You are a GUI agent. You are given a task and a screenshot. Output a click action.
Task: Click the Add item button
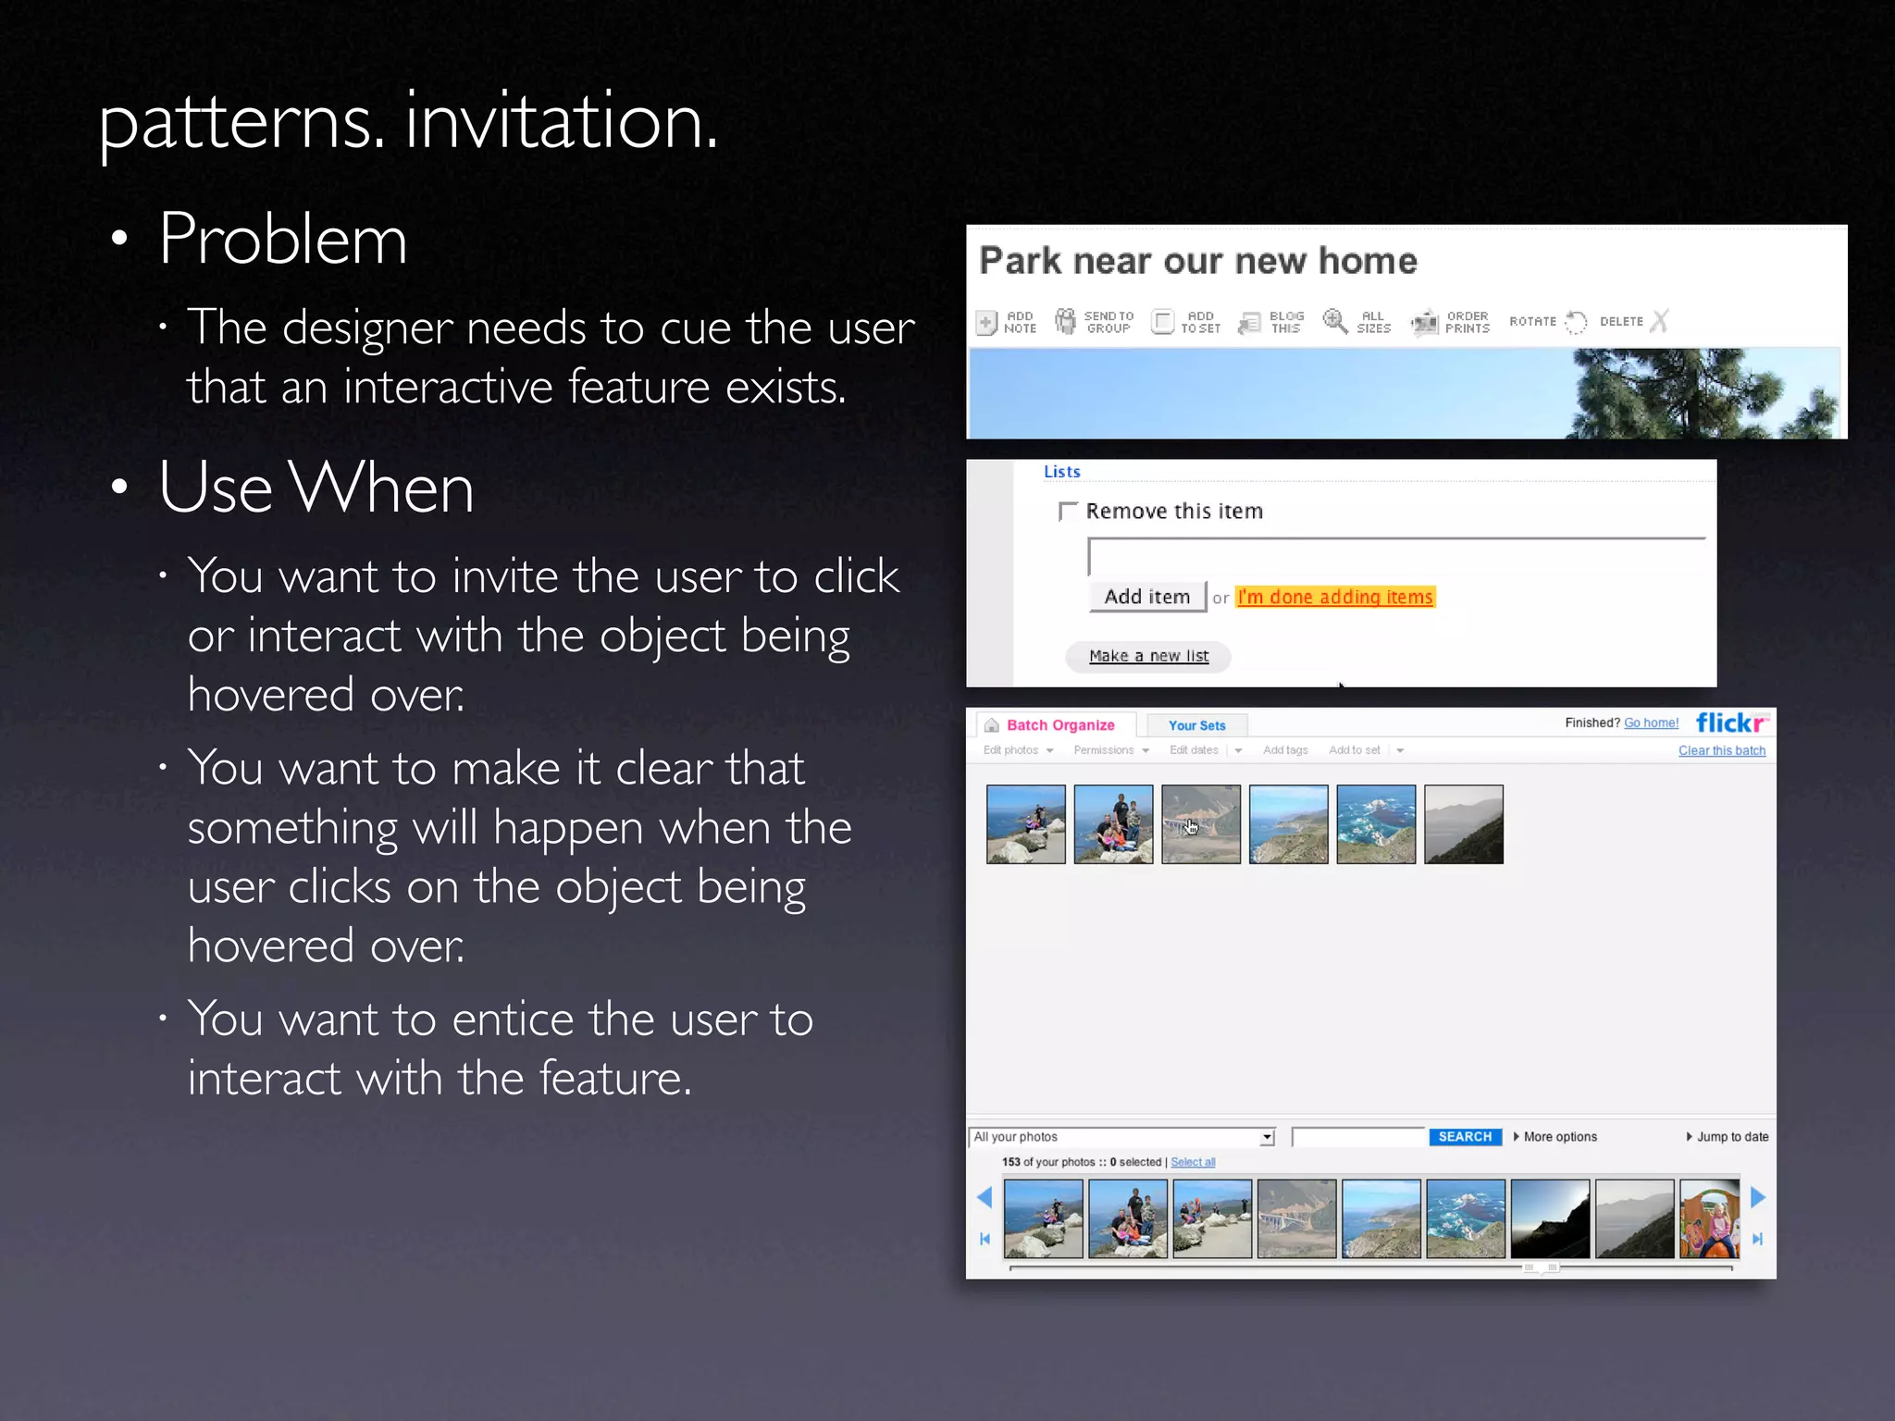coord(1147,597)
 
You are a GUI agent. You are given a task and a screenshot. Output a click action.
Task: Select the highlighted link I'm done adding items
coord(1335,598)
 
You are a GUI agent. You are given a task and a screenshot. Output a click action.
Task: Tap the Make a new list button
coord(1148,656)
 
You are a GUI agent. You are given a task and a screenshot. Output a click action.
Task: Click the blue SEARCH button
coord(1465,1137)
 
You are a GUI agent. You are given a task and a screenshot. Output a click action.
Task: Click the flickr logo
coord(1731,723)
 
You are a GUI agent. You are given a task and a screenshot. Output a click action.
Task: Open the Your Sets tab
coord(1196,725)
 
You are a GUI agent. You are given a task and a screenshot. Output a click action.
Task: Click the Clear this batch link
coord(1722,750)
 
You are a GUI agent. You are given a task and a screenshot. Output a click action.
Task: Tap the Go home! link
coord(1651,723)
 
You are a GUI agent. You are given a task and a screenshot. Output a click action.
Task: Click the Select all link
coord(1193,1162)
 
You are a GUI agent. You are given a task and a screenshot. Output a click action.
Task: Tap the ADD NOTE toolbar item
coord(1007,322)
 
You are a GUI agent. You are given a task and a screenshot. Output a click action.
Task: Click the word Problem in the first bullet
coord(282,239)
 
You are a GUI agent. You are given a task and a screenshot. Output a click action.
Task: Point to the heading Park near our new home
coord(1198,261)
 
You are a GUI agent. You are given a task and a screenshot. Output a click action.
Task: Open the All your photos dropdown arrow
coord(1267,1137)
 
